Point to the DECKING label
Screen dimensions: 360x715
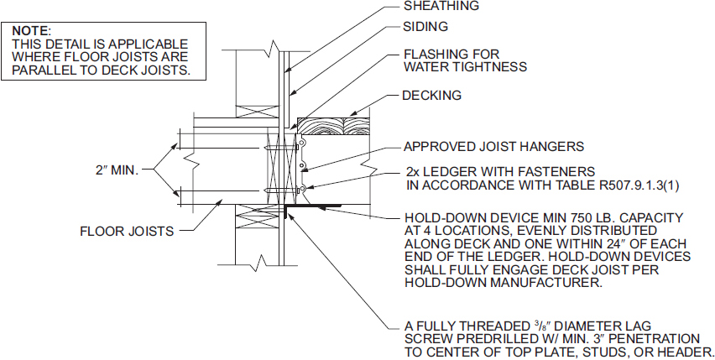click(432, 96)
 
